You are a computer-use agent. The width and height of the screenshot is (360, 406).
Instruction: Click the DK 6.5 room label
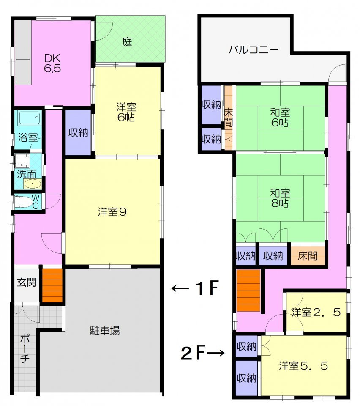53,63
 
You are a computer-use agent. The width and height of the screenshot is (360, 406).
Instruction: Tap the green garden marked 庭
128,42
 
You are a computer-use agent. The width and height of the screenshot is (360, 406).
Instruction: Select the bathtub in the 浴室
29,118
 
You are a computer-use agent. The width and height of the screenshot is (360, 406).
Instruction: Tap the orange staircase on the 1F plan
52,285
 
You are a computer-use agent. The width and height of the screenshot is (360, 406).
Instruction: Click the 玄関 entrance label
26,283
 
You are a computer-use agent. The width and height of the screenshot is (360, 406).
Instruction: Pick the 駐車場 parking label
105,330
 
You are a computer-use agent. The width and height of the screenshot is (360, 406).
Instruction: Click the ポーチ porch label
24,348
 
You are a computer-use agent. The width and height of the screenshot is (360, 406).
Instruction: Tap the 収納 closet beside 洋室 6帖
78,132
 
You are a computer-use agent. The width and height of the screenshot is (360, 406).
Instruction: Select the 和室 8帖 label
280,198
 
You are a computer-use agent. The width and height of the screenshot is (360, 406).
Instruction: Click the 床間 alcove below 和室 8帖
308,256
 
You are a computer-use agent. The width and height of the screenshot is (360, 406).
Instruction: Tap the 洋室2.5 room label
316,313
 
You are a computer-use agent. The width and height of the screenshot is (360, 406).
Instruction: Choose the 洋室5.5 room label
303,366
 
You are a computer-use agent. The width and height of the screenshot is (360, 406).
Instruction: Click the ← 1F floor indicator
195,289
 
